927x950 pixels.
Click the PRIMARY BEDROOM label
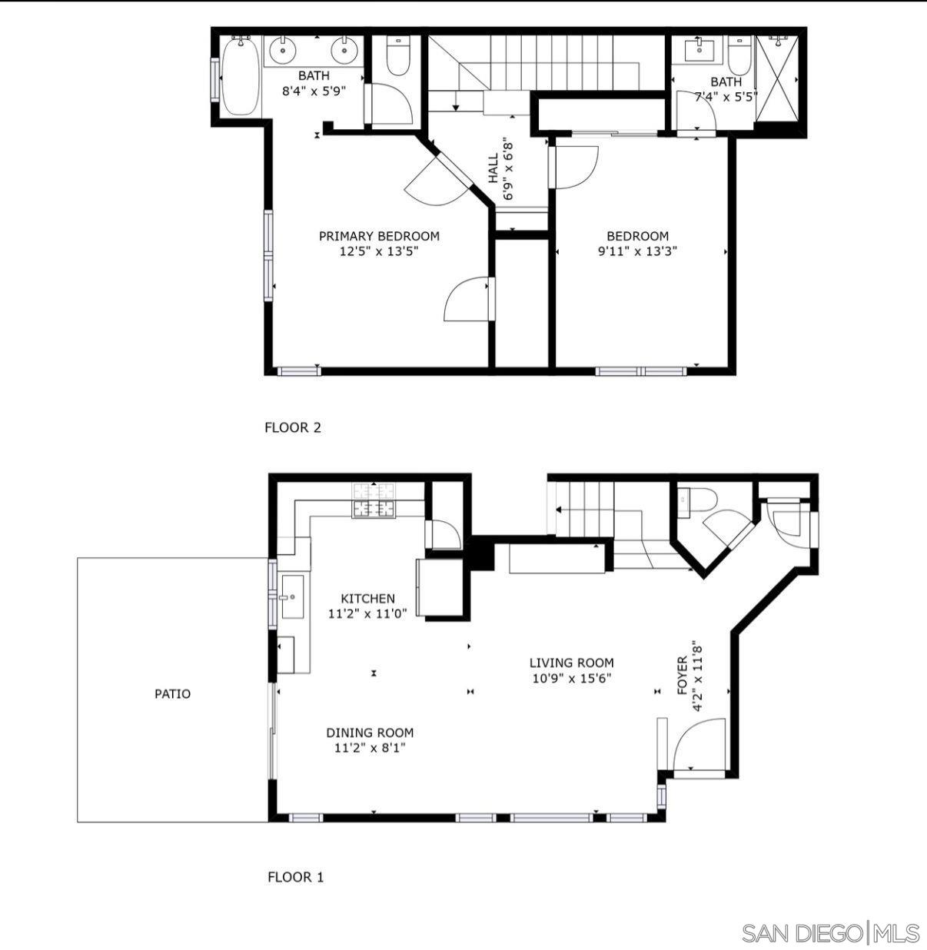point(379,236)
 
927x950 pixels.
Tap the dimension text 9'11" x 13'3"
point(637,251)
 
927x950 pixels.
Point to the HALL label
point(493,170)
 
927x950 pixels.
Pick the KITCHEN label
point(367,598)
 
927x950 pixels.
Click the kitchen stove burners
point(374,508)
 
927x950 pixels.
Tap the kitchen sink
point(292,596)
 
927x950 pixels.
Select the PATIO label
point(172,693)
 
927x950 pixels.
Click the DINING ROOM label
point(370,732)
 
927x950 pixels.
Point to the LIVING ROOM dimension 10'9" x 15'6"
point(571,678)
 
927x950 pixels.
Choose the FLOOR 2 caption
point(292,427)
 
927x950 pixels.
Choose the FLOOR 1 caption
point(295,876)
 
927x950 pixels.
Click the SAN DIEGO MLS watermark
point(830,933)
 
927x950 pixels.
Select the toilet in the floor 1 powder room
point(699,500)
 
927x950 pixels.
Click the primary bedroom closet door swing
point(467,300)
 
